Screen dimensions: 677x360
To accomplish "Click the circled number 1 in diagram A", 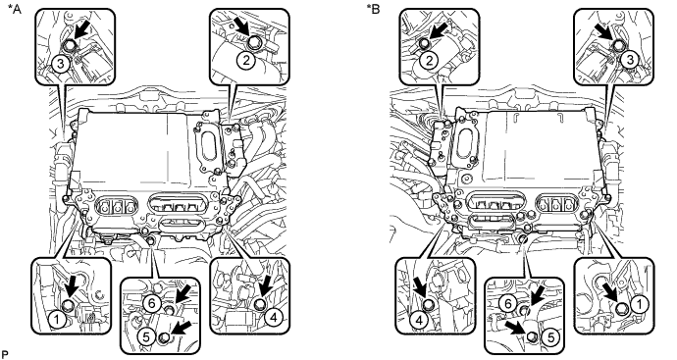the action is tap(57, 319).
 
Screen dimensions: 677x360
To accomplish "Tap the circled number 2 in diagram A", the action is tap(245, 61).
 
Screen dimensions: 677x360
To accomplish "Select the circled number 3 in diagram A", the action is tap(61, 64).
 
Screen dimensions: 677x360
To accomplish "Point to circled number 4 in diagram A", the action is tap(274, 318).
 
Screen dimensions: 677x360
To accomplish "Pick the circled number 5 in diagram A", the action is tap(146, 336).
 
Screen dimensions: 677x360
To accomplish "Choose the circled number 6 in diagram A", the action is tap(151, 303).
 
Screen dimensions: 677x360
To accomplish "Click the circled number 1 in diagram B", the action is tap(640, 305).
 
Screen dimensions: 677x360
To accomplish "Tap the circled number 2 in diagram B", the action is tap(429, 61).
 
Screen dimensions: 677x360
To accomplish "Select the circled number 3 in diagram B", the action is tap(630, 60).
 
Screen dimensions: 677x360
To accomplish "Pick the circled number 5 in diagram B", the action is tap(550, 336).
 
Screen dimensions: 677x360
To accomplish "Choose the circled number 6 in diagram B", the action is tap(508, 304).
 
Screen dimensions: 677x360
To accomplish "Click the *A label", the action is tap(15, 9).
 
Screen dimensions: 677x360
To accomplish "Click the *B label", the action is tap(374, 9).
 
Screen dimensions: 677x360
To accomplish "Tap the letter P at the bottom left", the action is tap(5, 355).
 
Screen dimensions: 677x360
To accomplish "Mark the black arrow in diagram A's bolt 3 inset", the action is tap(81, 32).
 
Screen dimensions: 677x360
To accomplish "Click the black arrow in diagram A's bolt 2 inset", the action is tap(243, 28).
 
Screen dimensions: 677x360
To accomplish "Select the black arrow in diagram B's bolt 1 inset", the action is tap(612, 296).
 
